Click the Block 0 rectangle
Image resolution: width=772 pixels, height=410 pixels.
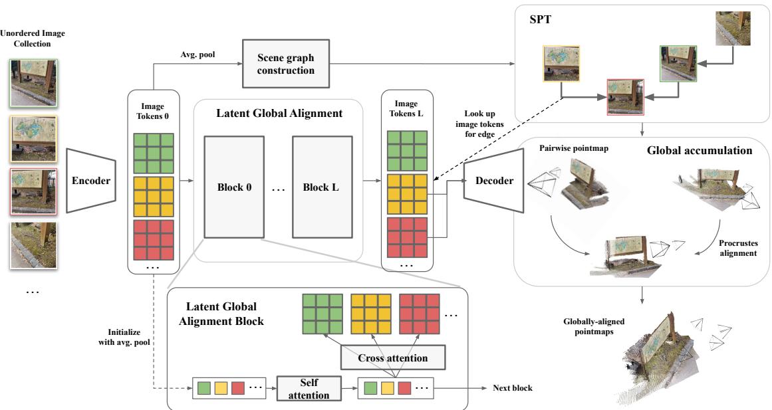pos(234,187)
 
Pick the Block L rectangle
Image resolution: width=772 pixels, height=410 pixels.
pos(322,187)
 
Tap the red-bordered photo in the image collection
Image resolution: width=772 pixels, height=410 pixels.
pos(33,192)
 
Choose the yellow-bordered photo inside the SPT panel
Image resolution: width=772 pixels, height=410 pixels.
pos(561,64)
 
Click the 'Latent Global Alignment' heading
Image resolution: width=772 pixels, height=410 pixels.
pos(279,113)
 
